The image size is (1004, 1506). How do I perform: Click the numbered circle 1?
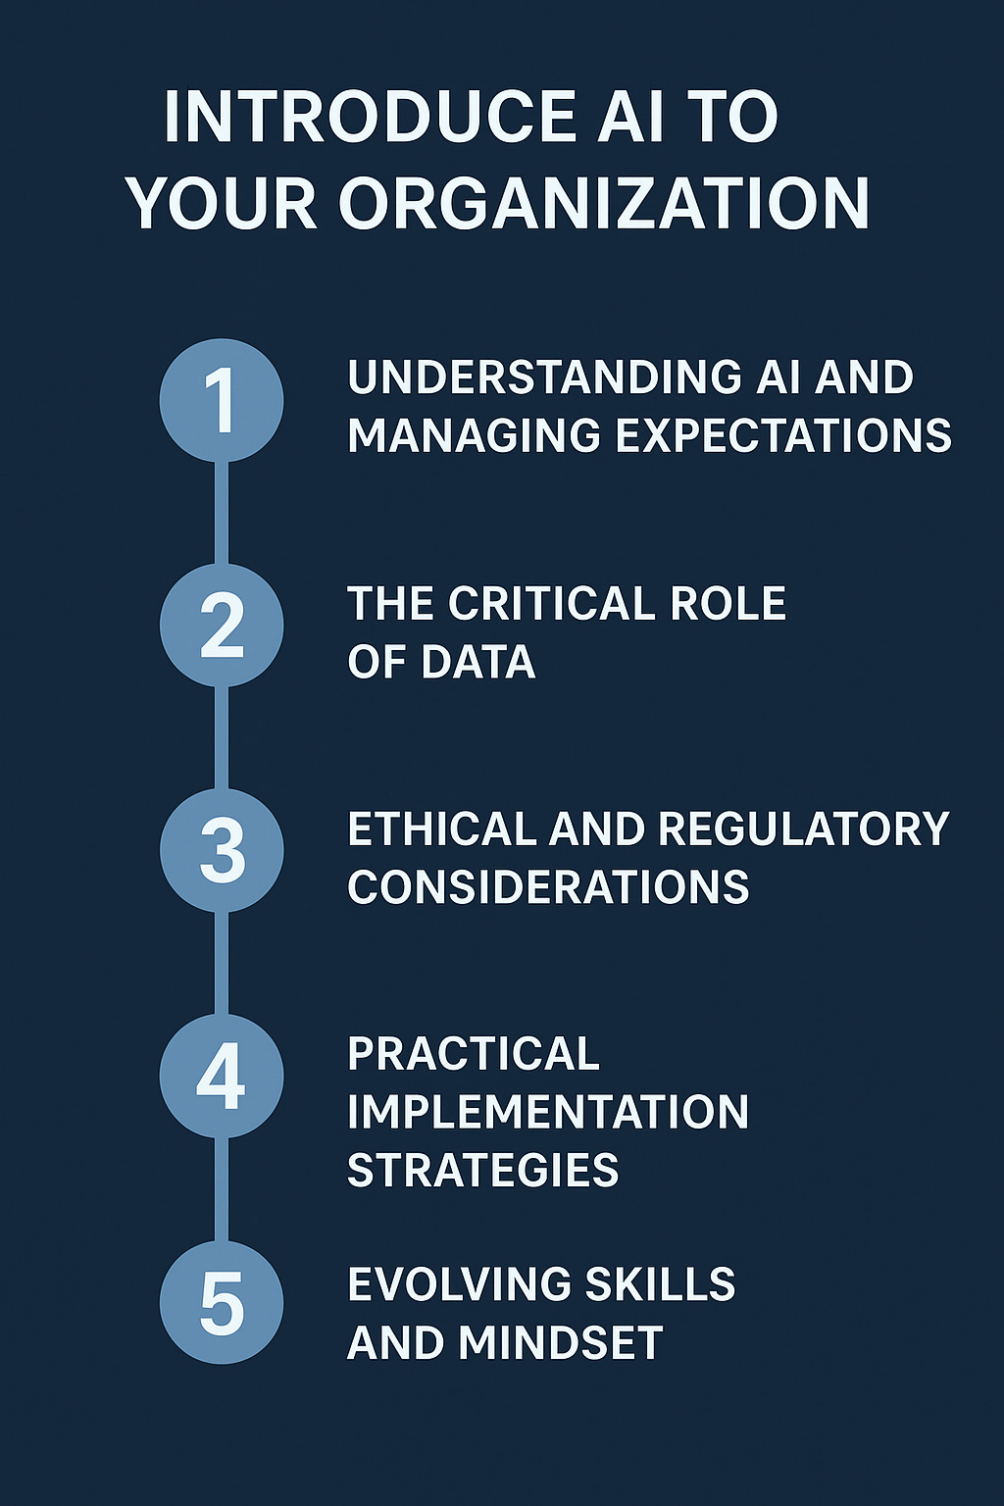[x=222, y=400]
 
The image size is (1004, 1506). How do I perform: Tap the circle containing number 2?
[x=222, y=626]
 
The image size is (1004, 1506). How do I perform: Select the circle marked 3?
[x=222, y=850]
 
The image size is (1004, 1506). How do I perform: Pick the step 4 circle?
[x=222, y=1077]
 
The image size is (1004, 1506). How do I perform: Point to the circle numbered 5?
[x=222, y=1303]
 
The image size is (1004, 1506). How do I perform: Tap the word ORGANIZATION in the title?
[x=604, y=204]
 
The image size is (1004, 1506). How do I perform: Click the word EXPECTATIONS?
[x=783, y=435]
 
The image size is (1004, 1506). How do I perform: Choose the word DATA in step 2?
[x=478, y=662]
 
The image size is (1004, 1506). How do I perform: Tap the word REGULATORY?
[x=803, y=829]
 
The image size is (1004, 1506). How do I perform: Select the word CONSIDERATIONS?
[x=548, y=887]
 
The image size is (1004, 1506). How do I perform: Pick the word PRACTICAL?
[x=474, y=1055]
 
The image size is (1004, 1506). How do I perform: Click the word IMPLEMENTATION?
[x=548, y=1113]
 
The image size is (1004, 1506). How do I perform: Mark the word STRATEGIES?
[x=483, y=1171]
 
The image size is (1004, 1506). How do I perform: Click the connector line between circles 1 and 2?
[x=222, y=513]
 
